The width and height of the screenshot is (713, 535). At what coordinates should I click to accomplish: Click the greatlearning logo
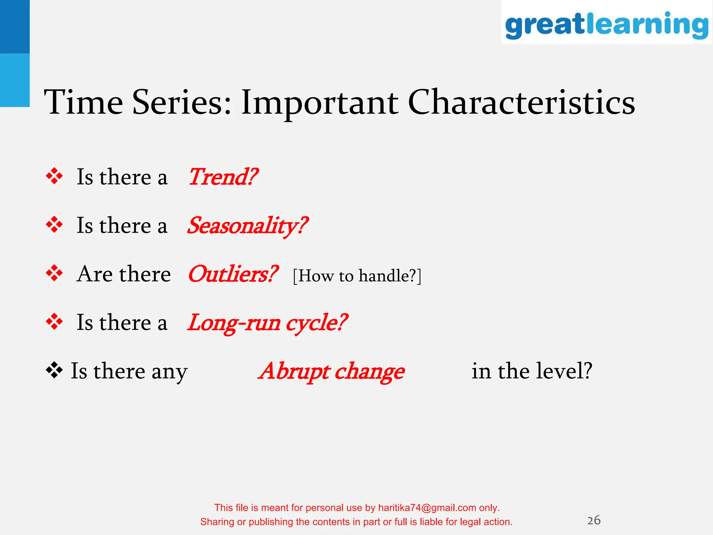click(x=606, y=24)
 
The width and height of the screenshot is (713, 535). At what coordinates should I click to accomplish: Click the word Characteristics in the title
click(x=521, y=102)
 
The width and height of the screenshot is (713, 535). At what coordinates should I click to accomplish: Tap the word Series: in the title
click(x=182, y=102)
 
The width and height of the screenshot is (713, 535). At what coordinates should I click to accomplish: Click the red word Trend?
click(x=223, y=177)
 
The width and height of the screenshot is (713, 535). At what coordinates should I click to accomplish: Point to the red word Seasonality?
click(x=248, y=226)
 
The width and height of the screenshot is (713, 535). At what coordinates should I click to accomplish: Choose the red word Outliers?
click(x=233, y=274)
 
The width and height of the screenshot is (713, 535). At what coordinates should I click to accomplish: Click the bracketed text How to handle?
click(x=357, y=276)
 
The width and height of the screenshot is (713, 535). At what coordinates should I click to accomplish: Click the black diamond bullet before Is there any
click(x=54, y=370)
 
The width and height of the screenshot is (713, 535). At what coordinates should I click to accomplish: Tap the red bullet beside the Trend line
click(x=54, y=176)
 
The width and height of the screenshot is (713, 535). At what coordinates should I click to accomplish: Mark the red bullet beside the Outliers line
click(x=54, y=273)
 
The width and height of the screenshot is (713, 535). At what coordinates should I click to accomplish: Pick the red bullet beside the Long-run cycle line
click(x=54, y=322)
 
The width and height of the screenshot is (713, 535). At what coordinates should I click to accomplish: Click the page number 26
click(x=594, y=520)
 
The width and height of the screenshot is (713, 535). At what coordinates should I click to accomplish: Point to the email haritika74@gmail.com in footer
click(x=427, y=508)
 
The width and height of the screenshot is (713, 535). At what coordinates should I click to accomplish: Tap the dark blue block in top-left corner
click(x=15, y=26)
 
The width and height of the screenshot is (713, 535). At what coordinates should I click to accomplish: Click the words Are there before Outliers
click(x=124, y=274)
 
